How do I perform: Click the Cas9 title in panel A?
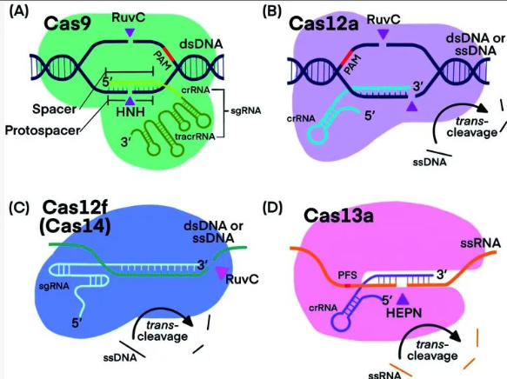coord(67,23)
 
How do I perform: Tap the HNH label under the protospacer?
coord(130,112)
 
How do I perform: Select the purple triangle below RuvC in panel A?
coord(130,32)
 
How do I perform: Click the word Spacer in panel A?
coord(54,109)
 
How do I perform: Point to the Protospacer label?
coord(42,130)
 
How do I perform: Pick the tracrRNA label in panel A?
coord(195,136)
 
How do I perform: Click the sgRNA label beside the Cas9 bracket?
coord(246,110)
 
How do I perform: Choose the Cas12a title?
coord(324,23)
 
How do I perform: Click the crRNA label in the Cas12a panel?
coord(301,118)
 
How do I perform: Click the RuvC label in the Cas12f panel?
coord(243,279)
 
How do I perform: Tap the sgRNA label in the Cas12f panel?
coord(54,286)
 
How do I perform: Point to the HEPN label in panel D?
coord(404,313)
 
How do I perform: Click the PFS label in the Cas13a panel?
coord(348,275)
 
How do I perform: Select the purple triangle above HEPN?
coord(403,300)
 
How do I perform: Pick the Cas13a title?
coord(338,216)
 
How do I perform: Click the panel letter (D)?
coord(272,208)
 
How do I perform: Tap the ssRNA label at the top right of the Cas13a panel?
coord(481,243)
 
